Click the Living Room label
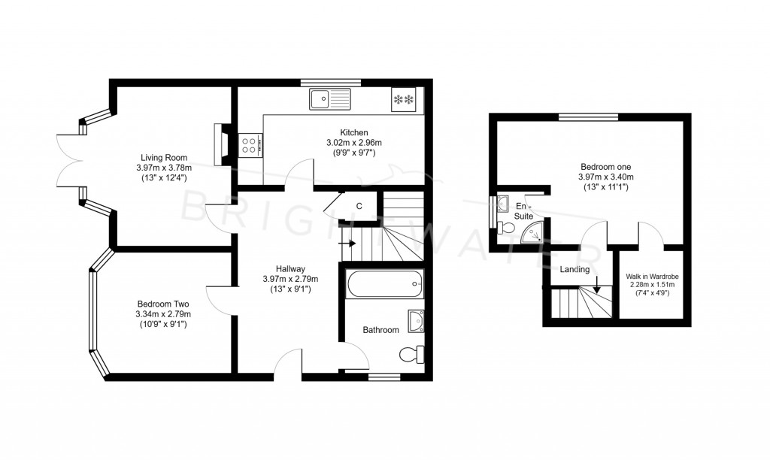[164, 157]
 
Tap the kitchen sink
[329, 98]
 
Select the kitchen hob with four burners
[250, 144]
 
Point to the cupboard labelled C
[359, 206]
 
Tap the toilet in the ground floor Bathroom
[411, 354]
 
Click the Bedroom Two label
[163, 304]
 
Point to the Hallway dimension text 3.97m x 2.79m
[290, 279]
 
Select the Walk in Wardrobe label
[650, 276]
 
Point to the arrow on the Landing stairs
[596, 285]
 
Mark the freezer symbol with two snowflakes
[404, 98]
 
